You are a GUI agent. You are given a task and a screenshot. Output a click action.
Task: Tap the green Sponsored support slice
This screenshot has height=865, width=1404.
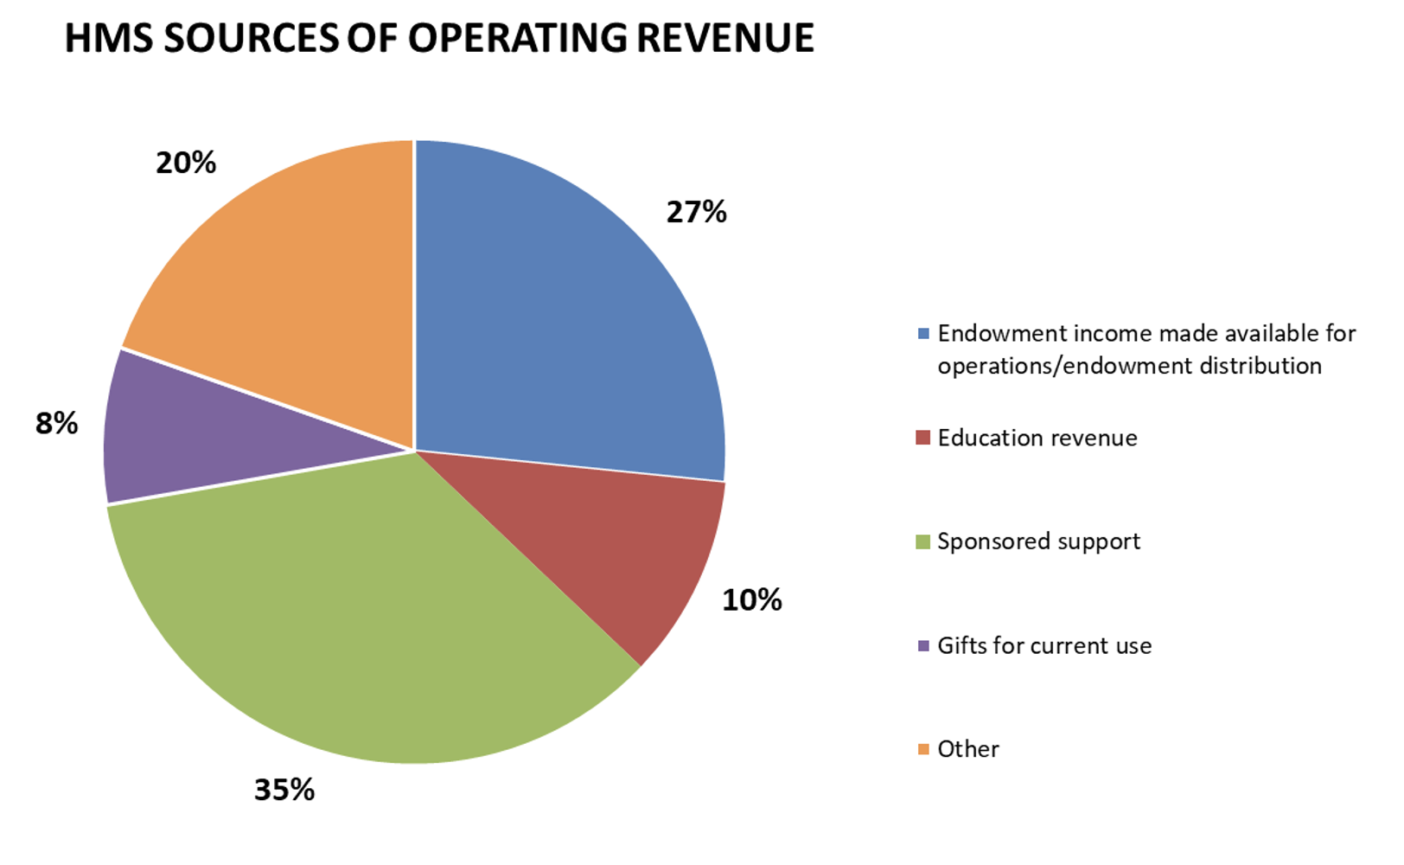point(363,623)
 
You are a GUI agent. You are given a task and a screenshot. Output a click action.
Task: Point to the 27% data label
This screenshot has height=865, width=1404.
point(696,213)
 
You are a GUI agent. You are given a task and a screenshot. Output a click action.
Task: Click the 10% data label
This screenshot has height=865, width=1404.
point(751,600)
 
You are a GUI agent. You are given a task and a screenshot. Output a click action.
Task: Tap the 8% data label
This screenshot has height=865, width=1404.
point(56,424)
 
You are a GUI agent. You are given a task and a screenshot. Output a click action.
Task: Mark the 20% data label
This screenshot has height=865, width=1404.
point(185,163)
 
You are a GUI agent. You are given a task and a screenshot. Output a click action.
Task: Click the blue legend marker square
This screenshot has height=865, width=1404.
point(923,334)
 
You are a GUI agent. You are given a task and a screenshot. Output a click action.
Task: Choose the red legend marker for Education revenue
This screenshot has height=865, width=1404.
point(923,438)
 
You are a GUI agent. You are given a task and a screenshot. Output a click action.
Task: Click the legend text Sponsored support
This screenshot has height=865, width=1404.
point(1038,541)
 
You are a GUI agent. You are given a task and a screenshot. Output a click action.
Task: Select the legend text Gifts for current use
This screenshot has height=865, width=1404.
point(1044,646)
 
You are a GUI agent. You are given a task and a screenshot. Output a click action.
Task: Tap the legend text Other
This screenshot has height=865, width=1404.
point(967,749)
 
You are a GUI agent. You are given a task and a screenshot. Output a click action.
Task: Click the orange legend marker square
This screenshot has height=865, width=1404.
point(923,749)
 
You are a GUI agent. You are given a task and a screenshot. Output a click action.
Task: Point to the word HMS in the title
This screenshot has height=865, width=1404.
point(108,39)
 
